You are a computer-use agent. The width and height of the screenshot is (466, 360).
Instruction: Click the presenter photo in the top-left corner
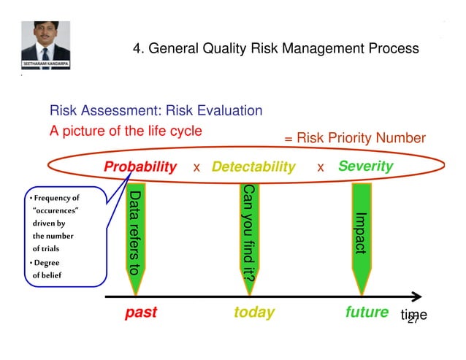(45, 40)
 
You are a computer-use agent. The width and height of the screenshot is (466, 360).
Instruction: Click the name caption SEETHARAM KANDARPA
(45, 65)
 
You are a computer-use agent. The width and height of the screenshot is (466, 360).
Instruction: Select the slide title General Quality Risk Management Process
(275, 49)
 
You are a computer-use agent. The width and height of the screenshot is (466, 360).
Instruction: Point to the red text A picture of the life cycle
(125, 131)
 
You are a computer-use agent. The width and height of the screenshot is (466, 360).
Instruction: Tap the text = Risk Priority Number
(354, 139)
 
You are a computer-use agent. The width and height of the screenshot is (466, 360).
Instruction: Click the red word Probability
(140, 167)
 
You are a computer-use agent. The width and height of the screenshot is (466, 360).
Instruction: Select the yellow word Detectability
(253, 167)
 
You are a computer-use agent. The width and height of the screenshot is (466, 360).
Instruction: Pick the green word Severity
(365, 166)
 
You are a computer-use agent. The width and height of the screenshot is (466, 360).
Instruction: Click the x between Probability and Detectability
(196, 168)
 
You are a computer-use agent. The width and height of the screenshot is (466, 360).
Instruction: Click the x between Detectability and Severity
(321, 168)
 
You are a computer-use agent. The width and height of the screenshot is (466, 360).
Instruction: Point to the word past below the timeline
(141, 313)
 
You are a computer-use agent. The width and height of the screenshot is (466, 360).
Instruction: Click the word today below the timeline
(254, 313)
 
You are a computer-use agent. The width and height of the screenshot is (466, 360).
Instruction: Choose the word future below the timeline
(367, 313)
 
